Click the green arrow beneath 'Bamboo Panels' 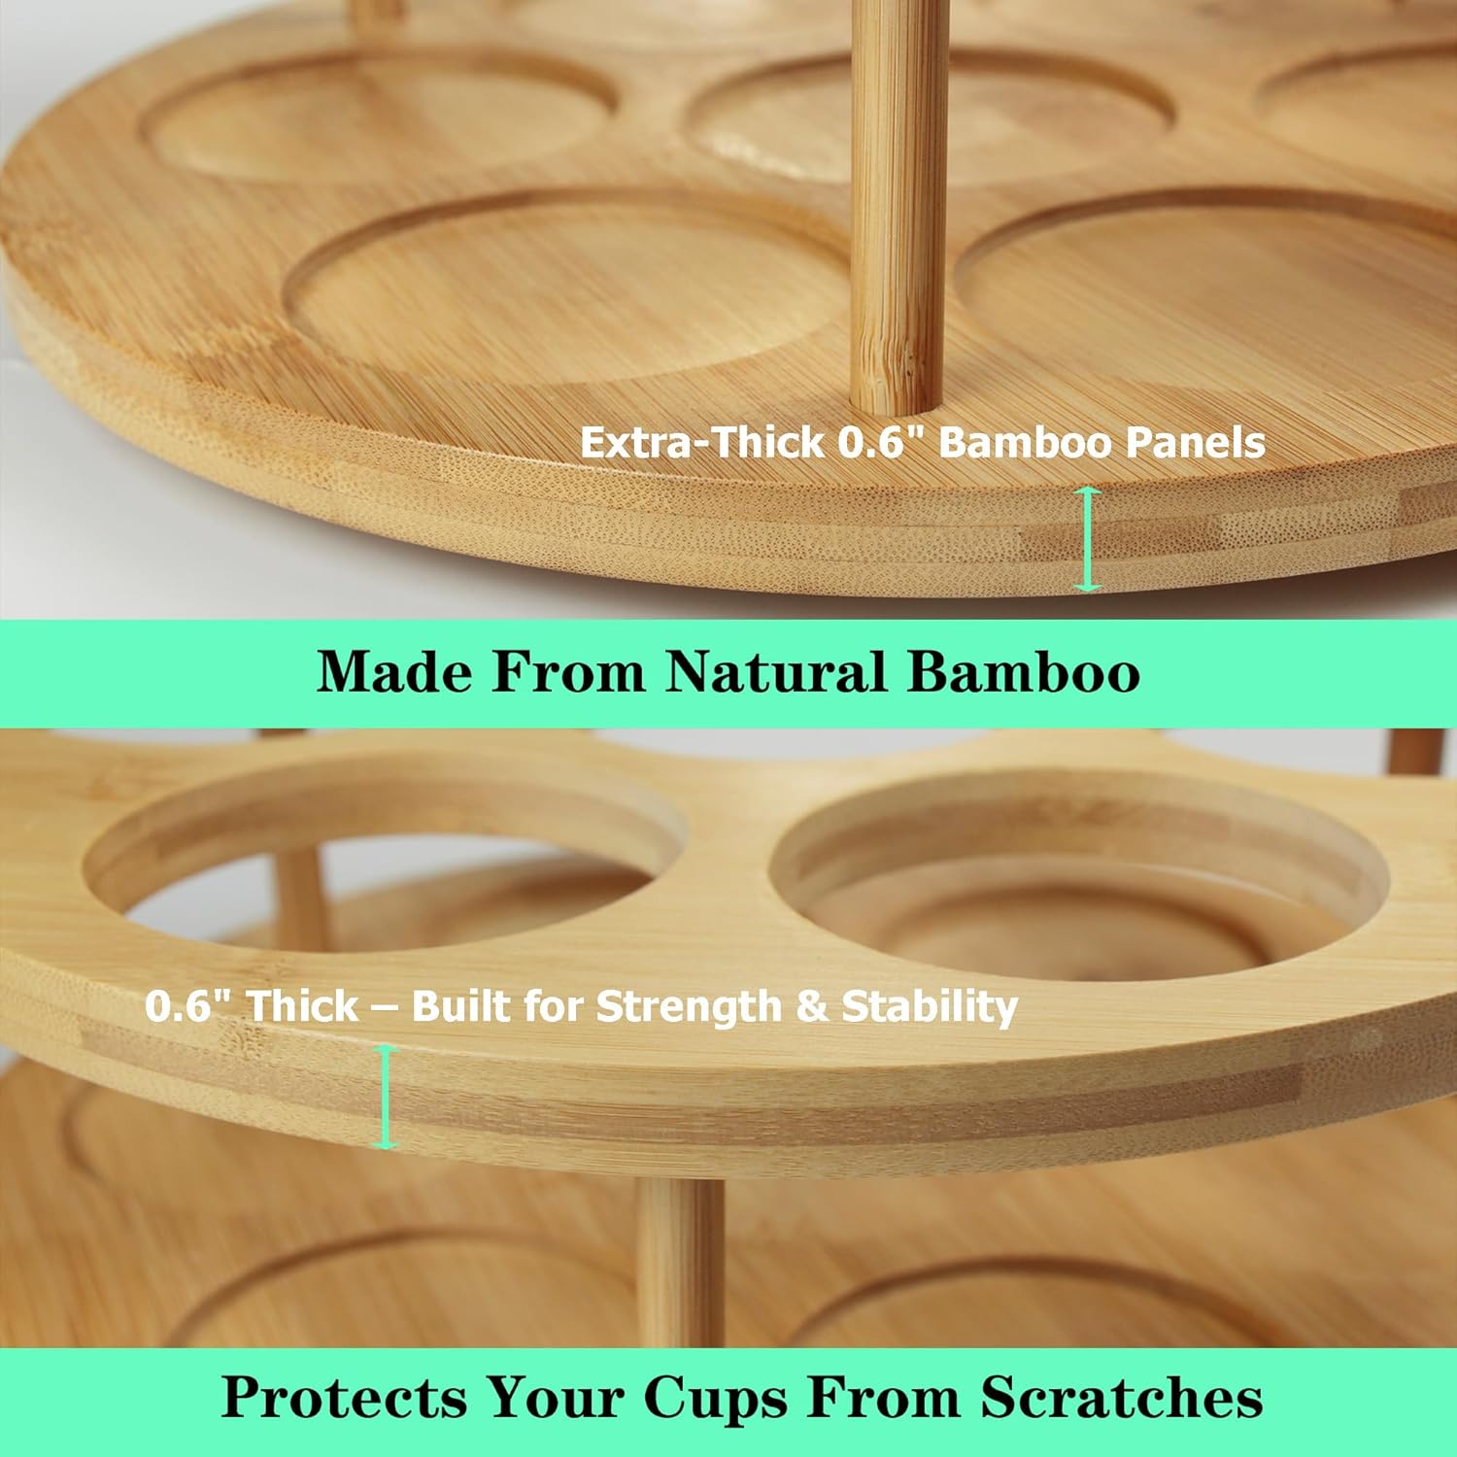(1088, 539)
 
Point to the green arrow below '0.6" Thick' (387, 1098)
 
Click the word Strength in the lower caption (689, 1006)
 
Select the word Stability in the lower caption (930, 1006)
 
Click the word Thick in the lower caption (301, 1006)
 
